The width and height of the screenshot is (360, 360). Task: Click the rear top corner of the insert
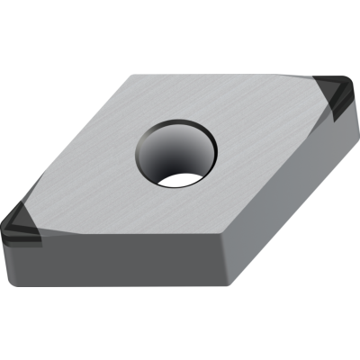coord(133,76)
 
